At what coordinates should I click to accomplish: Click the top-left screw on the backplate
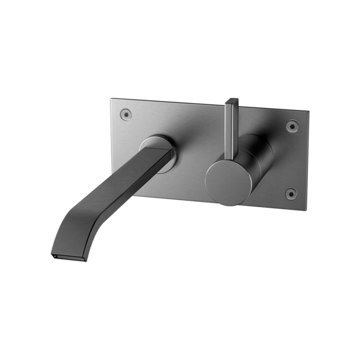tap(126, 114)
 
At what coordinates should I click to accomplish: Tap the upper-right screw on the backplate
tap(292, 126)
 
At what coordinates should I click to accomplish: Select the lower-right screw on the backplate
tap(291, 194)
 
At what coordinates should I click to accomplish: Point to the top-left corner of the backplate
tap(112, 99)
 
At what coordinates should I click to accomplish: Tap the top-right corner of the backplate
tap(308, 111)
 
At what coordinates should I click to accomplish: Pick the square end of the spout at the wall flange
tap(163, 153)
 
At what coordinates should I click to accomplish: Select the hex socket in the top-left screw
tap(126, 114)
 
